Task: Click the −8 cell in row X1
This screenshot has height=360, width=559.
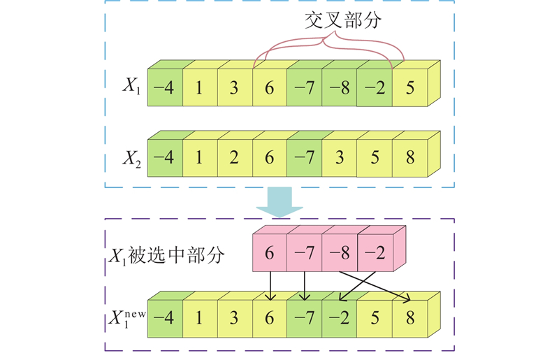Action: (339, 89)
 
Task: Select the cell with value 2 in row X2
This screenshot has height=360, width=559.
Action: (234, 159)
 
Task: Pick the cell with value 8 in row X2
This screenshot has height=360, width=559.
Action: (409, 159)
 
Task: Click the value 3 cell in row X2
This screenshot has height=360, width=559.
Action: (339, 159)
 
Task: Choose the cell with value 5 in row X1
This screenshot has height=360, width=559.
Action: (409, 89)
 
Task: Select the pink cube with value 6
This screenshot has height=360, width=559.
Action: (269, 253)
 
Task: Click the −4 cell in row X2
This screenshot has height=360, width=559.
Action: (164, 159)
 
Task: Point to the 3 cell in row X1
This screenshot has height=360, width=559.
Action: (234, 89)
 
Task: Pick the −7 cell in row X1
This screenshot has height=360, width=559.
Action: (304, 89)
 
